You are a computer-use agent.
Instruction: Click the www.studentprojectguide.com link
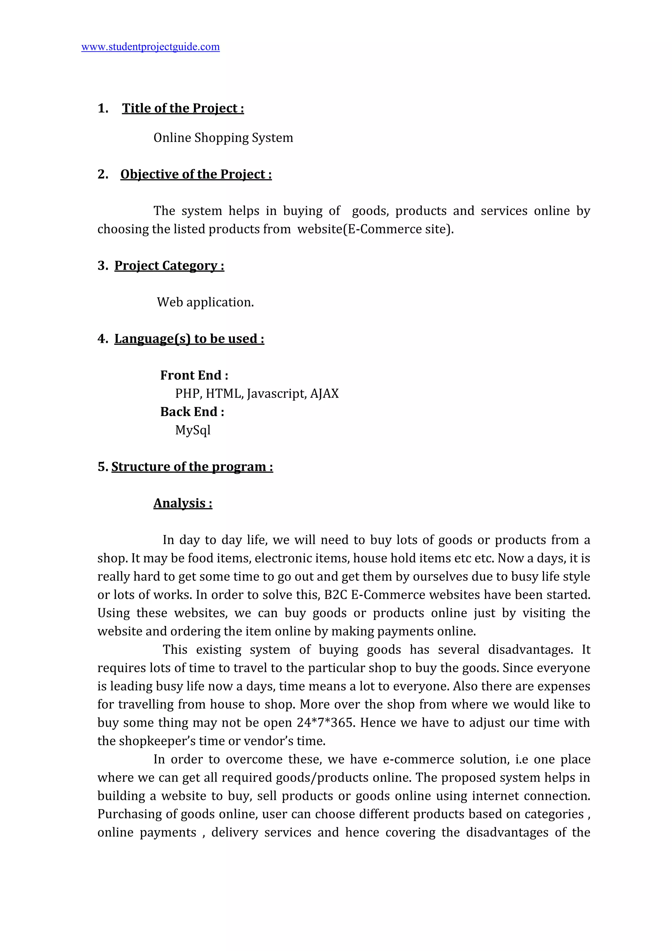(150, 47)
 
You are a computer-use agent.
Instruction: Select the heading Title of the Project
(183, 108)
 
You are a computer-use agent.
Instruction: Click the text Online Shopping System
(223, 138)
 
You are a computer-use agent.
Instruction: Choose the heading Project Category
(169, 266)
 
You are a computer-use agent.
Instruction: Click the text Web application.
(205, 302)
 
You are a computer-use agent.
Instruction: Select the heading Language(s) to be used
(189, 339)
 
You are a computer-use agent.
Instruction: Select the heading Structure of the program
(192, 467)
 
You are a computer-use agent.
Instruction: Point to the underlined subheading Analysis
(182, 503)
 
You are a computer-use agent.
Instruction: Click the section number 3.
(102, 266)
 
